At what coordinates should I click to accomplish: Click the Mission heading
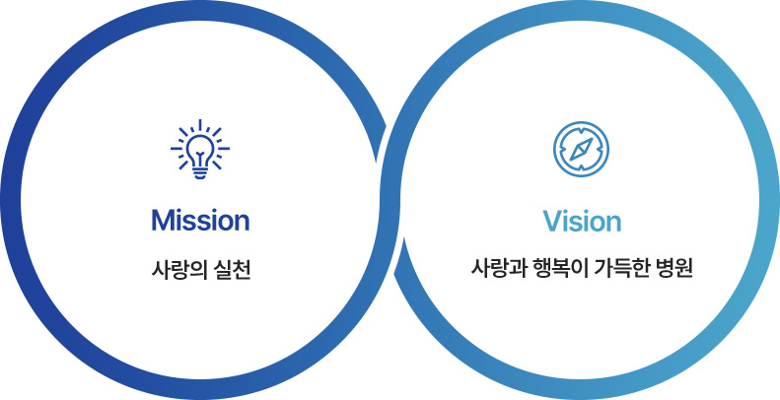(200, 220)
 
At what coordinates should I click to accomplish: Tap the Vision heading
(582, 221)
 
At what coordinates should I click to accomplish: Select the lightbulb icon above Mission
(200, 149)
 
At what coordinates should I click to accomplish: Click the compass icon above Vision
(581, 149)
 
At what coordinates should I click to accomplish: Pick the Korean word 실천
(233, 271)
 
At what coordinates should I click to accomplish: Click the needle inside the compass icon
(581, 149)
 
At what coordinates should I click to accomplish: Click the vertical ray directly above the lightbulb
(200, 125)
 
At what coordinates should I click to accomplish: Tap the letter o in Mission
(225, 223)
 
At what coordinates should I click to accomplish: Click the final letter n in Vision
(615, 224)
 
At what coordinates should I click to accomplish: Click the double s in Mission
(196, 223)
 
